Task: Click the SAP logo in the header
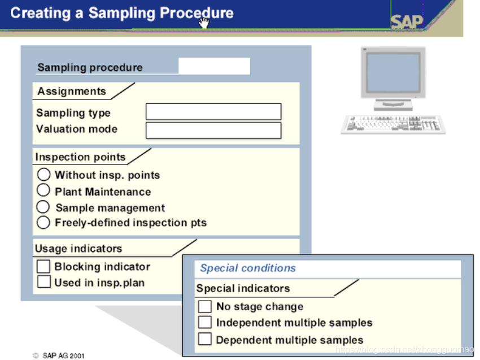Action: click(x=407, y=21)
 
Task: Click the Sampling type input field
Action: click(x=213, y=112)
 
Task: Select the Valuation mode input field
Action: click(x=213, y=131)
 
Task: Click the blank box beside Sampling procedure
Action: click(x=214, y=66)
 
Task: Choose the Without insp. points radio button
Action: click(x=43, y=175)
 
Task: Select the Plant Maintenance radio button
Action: click(x=43, y=190)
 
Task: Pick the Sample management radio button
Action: click(x=43, y=207)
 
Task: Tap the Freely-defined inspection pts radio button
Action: click(x=43, y=223)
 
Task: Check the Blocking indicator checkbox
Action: click(x=43, y=266)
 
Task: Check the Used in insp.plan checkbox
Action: click(x=43, y=281)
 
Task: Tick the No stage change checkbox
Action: click(x=205, y=307)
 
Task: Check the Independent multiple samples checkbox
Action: click(x=205, y=323)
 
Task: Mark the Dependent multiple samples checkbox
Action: click(x=205, y=340)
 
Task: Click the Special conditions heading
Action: click(x=248, y=268)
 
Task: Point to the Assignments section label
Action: click(x=72, y=92)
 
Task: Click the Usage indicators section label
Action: click(x=78, y=249)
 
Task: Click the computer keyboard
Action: click(x=393, y=124)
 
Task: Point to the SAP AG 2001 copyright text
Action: click(x=59, y=355)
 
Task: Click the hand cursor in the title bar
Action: click(x=204, y=22)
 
